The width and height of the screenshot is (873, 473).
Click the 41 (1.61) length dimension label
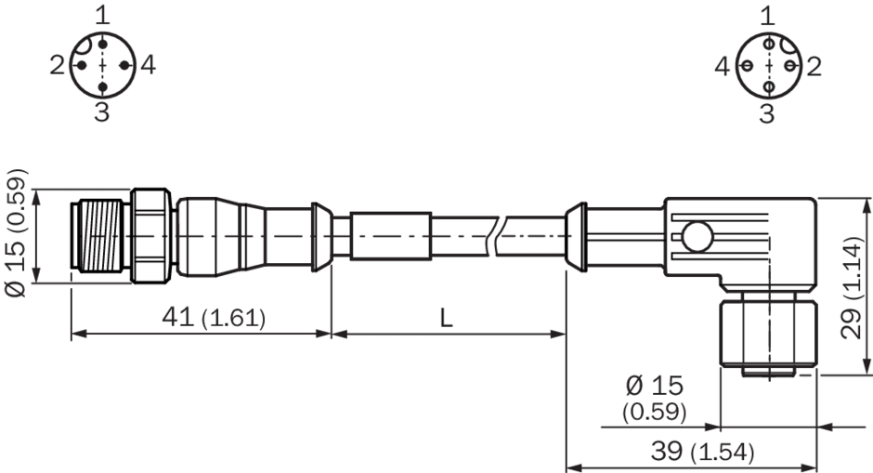[x=214, y=318]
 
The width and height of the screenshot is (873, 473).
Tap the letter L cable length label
[x=447, y=318]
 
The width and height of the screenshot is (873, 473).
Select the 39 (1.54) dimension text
[x=703, y=452]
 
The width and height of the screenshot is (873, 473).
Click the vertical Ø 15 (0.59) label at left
[x=16, y=232]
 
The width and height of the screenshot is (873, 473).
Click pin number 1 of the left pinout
[x=102, y=16]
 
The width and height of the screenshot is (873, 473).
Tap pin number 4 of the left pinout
[x=148, y=65]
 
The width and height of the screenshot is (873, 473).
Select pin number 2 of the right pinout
[x=814, y=66]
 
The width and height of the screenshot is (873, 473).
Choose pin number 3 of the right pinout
[x=767, y=113]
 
